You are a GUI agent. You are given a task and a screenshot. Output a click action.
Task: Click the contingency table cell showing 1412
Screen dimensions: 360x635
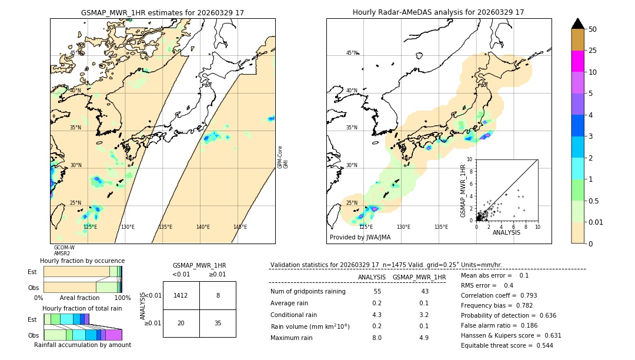(181, 295)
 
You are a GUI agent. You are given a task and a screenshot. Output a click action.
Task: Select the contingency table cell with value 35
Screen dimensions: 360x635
(218, 323)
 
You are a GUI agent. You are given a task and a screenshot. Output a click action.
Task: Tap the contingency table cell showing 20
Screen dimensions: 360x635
(181, 323)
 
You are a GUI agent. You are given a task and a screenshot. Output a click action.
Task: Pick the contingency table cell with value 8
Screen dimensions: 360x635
(218, 295)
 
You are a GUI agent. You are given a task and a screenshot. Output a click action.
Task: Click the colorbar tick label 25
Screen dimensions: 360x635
(593, 51)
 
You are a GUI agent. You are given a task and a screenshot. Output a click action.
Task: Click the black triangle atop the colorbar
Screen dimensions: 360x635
(577, 24)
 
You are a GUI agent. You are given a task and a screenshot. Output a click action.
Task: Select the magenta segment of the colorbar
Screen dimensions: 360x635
(577, 61)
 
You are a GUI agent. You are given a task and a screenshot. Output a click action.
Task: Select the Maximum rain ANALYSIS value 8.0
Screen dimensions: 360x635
(377, 338)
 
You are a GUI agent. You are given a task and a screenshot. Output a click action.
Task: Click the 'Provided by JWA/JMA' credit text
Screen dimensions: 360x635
(360, 238)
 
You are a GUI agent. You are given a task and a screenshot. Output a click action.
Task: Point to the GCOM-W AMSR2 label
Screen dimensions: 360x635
(64, 251)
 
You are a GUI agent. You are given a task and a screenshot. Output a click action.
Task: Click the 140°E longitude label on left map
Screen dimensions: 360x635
(203, 227)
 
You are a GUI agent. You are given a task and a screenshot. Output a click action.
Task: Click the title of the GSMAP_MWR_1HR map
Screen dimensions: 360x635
(162, 12)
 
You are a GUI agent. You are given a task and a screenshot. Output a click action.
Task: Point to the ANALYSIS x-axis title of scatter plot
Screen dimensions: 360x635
(506, 232)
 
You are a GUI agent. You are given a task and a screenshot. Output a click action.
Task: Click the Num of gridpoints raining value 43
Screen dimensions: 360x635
(425, 292)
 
